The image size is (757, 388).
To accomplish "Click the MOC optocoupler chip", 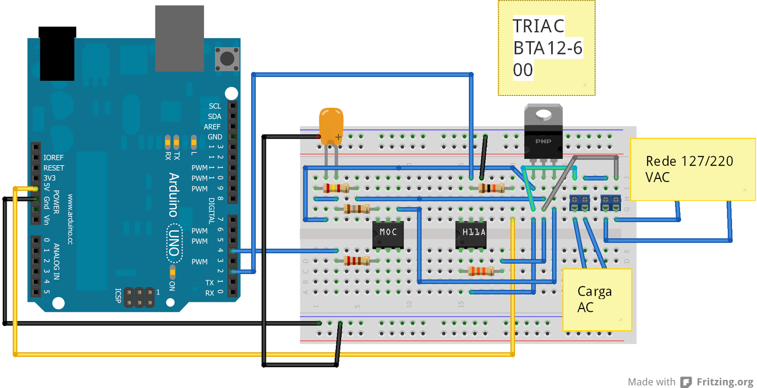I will [388, 233].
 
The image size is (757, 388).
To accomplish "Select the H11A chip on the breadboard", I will [471, 233].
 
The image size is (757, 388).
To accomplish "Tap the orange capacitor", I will [331, 124].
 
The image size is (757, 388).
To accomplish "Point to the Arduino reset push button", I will [227, 59].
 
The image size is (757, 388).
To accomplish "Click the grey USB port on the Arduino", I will [179, 38].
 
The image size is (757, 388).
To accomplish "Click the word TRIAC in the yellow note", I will [538, 26].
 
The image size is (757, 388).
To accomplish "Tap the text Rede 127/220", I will [689, 161].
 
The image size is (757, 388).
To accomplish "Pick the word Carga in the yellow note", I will [594, 291].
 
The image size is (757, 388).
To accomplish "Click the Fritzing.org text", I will [724, 382].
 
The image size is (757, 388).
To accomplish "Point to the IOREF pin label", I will [53, 158].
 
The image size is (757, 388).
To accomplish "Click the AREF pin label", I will [212, 127].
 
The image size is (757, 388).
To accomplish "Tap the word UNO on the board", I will [174, 243].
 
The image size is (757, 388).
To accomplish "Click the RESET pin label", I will [54, 168].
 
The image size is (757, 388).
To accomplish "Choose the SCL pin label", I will [215, 106].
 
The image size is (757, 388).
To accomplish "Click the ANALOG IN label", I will [56, 261].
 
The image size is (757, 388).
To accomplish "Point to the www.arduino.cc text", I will [70, 219].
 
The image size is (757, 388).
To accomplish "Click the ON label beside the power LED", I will [172, 286].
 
